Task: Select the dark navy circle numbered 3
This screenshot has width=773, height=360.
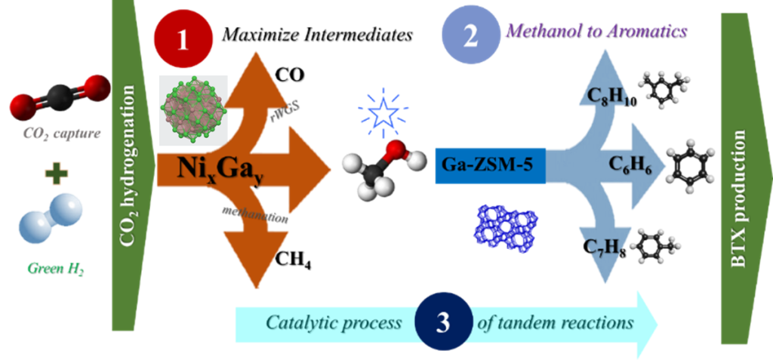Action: tap(443, 323)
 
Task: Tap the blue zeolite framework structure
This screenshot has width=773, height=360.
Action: tap(509, 227)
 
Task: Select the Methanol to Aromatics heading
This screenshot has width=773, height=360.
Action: tap(595, 32)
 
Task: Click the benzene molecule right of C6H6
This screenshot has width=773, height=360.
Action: tap(689, 161)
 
